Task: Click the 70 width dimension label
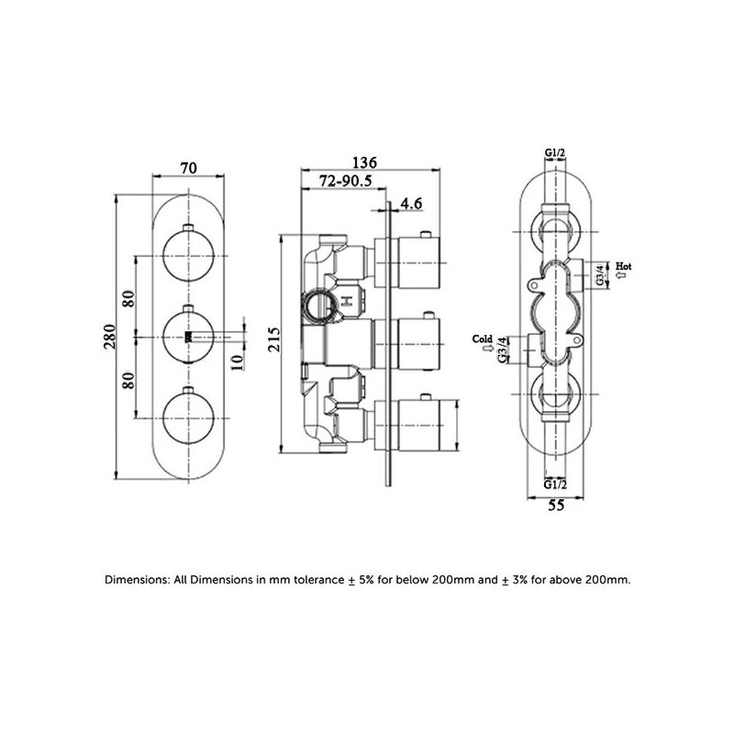189,168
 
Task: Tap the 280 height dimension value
109,336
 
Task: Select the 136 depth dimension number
364,162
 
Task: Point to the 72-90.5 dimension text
346,181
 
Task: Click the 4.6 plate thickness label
411,203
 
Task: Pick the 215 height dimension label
273,339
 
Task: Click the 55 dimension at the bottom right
556,506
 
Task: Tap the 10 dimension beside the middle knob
238,361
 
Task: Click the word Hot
624,266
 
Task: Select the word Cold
483,339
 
